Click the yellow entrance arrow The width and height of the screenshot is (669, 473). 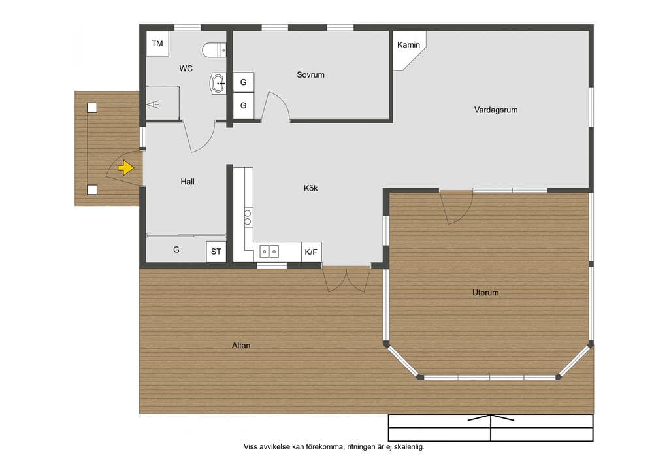coord(126,168)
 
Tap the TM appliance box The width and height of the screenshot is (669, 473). coord(157,43)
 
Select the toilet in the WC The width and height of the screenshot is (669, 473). coord(214,50)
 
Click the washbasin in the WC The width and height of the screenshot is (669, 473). coord(218,84)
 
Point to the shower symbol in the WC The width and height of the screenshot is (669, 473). coord(153,104)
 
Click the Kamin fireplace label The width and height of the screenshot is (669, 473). coord(408,45)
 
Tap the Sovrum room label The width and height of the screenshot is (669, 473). coord(310,74)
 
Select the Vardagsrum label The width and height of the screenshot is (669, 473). coord(496,110)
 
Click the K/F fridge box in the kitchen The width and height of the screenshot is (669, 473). coord(311,252)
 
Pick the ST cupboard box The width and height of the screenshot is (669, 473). coord(216,252)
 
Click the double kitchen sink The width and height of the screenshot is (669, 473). coord(269,252)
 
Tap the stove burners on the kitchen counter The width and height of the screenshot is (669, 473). coord(248,217)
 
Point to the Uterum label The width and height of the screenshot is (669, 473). coord(485,293)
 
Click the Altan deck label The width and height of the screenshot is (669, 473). coord(241,346)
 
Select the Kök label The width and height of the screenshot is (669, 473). coord(310,188)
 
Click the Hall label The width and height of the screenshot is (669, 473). coord(188,182)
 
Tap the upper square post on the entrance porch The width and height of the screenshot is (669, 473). coord(92,108)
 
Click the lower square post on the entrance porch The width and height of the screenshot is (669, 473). coord(92,189)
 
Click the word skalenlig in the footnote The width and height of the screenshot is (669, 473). coord(408,447)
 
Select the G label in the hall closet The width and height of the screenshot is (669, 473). coord(176,250)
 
